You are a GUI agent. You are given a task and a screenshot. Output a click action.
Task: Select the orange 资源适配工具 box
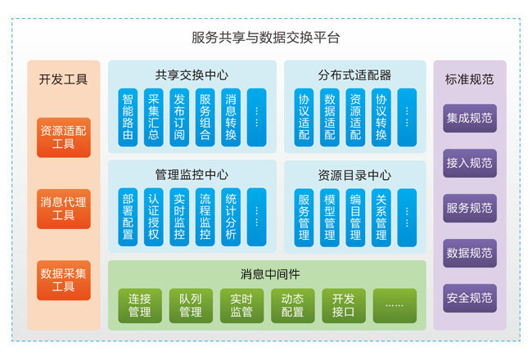64,137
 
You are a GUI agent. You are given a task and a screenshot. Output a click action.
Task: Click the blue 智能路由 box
127,117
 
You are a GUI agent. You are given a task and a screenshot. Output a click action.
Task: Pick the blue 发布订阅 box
179,117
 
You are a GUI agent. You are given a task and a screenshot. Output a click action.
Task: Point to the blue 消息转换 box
230,117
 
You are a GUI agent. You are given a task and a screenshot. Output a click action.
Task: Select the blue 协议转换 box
381,117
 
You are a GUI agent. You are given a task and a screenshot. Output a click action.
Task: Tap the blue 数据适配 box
330,117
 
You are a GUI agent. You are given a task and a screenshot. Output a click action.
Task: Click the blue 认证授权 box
153,217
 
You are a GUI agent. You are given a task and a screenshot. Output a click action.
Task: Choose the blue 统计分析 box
230,217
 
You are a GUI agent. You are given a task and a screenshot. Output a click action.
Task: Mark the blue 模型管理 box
330,217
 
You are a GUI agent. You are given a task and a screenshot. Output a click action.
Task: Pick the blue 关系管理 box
381,217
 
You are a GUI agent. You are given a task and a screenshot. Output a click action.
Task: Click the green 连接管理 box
139,305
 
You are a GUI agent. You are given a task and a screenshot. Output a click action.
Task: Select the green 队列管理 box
190,305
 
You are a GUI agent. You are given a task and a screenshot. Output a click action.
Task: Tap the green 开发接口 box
343,305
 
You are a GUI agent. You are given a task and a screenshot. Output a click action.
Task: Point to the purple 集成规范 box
470,118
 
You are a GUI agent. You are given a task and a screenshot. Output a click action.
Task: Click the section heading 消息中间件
267,273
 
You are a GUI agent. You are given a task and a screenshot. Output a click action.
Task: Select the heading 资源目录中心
354,174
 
